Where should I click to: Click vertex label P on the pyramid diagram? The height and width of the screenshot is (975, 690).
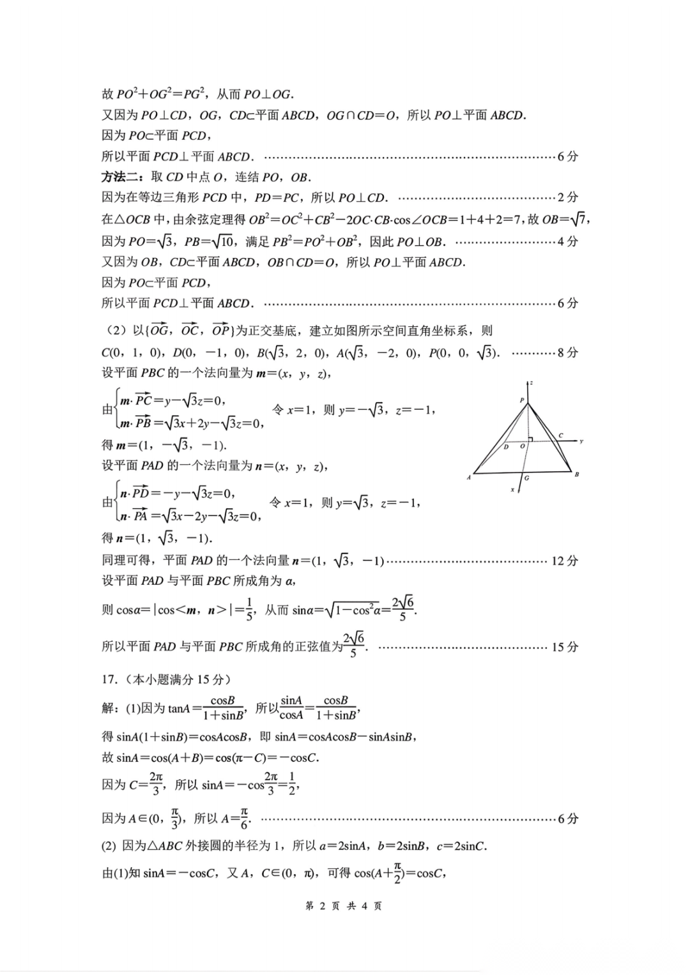(x=522, y=400)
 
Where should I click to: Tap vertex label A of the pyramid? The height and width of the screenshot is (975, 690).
(x=469, y=478)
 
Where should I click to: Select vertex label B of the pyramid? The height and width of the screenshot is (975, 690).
(x=577, y=474)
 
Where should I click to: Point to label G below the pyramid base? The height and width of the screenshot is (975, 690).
(x=526, y=478)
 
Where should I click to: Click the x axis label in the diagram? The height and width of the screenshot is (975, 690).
(x=512, y=490)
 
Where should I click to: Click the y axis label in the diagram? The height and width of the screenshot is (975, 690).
(x=581, y=441)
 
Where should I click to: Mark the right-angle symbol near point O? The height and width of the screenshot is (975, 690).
(x=530, y=439)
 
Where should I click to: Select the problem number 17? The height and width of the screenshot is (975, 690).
(x=109, y=679)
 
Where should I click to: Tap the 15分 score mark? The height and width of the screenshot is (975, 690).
(x=565, y=647)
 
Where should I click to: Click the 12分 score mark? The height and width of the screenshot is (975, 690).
(x=565, y=561)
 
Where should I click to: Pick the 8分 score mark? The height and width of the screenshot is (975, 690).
(x=567, y=352)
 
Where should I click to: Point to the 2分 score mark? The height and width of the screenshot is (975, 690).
(x=567, y=197)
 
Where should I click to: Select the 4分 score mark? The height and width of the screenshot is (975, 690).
(x=567, y=241)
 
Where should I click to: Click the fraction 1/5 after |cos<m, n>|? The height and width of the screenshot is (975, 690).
(x=249, y=609)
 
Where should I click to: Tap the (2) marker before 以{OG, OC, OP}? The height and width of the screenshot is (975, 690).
(x=117, y=331)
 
